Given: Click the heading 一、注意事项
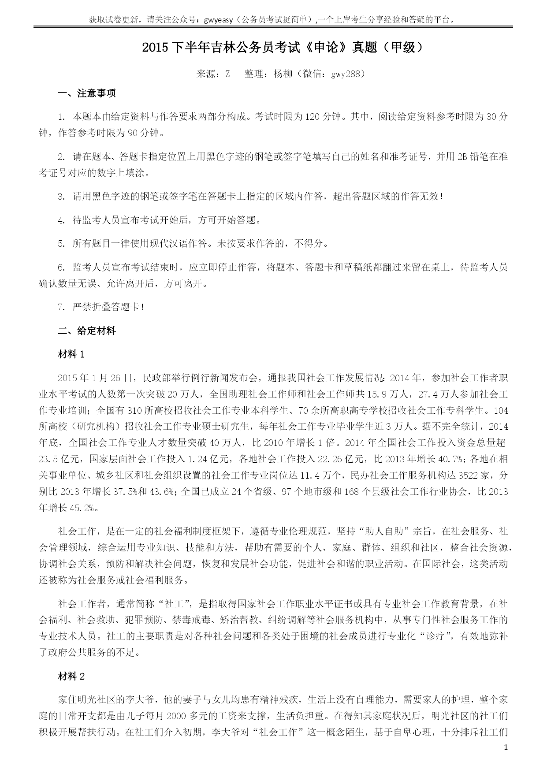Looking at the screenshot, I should (87, 93).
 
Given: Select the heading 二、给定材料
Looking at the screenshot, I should (87, 331).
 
